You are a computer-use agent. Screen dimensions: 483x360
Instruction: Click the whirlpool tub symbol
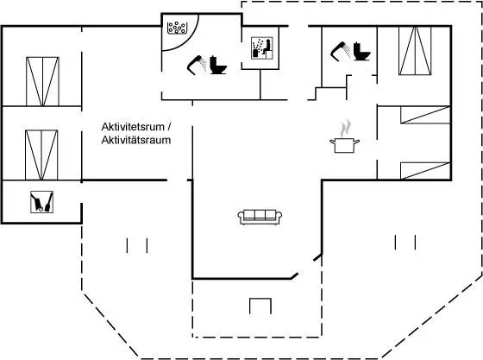[177, 28]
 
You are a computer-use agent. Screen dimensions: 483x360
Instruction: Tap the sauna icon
[262, 48]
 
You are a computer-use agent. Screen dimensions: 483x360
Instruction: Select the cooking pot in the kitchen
[345, 146]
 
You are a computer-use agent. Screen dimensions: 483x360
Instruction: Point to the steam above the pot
[346, 129]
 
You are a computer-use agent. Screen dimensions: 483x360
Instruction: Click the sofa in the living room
[260, 217]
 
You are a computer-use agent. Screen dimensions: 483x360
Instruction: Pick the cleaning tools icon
[42, 202]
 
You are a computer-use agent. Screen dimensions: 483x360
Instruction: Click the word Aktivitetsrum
[133, 127]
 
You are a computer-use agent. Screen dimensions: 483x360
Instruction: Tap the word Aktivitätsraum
[136, 140]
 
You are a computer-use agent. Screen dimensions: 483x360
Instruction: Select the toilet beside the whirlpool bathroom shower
[218, 65]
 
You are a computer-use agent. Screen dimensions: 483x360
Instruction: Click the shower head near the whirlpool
[198, 65]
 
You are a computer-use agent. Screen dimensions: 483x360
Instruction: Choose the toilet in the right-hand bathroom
[361, 51]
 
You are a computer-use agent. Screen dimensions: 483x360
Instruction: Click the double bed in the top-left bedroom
[42, 81]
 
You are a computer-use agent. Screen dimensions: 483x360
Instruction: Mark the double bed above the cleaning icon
[41, 155]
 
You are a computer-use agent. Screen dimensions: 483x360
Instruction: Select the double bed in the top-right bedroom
[415, 51]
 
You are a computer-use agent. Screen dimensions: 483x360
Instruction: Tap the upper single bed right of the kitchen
[425, 115]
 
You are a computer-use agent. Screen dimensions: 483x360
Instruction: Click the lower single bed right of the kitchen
[425, 171]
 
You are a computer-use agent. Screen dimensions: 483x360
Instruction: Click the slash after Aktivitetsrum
[169, 127]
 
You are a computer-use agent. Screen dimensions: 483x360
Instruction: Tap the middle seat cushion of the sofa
[260, 215]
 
